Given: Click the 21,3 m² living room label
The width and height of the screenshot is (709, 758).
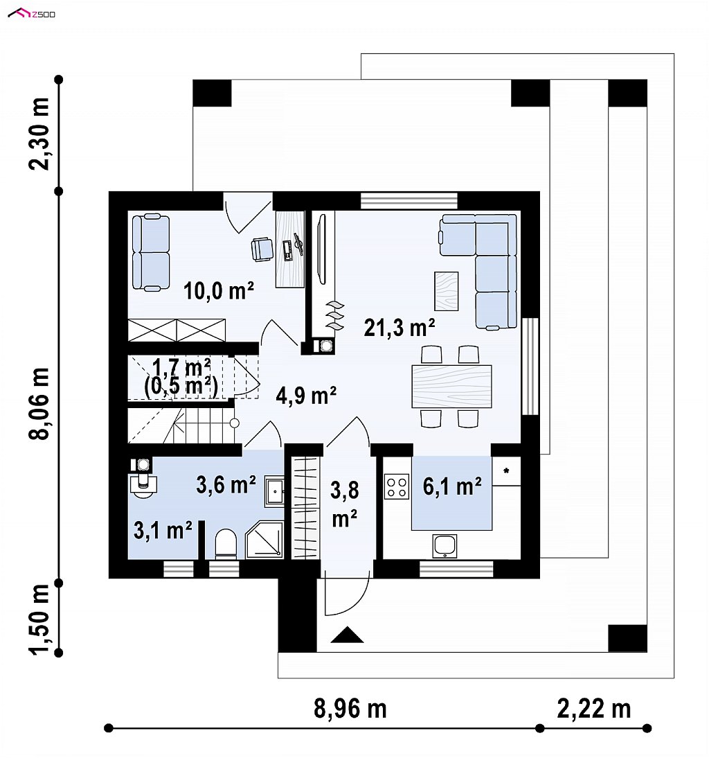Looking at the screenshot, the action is tap(400, 328).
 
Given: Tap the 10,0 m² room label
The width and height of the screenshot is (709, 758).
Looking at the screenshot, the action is tap(218, 291).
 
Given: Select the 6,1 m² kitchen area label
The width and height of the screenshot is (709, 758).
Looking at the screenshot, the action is tap(452, 486).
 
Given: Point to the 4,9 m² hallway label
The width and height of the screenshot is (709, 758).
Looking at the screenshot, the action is tap(306, 396).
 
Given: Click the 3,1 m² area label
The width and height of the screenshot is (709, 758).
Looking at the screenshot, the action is tap(163, 530).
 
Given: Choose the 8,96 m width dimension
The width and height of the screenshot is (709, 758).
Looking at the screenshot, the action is tap(350, 709).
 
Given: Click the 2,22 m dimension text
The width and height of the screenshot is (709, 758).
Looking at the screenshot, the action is tap(594, 709).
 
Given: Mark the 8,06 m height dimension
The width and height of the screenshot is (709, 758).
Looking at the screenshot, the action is tap(39, 404).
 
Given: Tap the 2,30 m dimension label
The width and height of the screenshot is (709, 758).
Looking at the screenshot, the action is tap(39, 134).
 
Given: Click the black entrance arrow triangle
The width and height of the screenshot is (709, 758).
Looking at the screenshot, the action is tap(347, 635).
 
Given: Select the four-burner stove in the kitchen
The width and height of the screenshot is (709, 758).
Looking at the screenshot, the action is tap(397, 487).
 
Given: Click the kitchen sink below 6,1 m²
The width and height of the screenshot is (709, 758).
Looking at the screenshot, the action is tap(445, 546).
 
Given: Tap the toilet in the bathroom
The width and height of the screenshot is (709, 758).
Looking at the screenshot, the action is tap(225, 544).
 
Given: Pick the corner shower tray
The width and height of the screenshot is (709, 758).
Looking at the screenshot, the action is tap(264, 540).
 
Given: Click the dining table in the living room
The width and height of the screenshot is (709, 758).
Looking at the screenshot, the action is tap(451, 386).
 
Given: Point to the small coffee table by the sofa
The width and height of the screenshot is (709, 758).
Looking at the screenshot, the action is tap(447, 291).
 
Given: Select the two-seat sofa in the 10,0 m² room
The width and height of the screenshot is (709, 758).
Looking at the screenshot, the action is tap(151, 253).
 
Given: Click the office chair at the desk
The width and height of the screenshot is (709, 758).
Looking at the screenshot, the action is tap(262, 249).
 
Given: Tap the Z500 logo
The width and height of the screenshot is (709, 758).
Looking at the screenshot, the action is tap(32, 14).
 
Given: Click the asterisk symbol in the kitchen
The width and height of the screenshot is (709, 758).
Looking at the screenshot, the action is tap(506, 470).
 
